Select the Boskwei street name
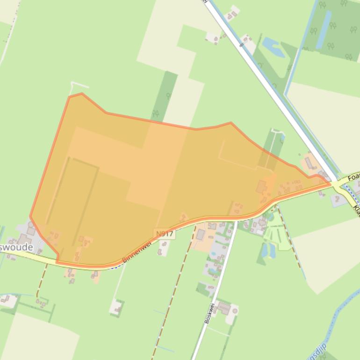tap(209, 313)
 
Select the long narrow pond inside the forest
tap(324, 29)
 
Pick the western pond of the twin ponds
tap(264, 251)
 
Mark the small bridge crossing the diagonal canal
tap(242, 45)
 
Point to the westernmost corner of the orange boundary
tap(30, 216)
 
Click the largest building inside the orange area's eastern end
tap(261, 187)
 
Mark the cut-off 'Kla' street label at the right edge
tap(356, 210)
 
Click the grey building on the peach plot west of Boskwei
tap(201, 235)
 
